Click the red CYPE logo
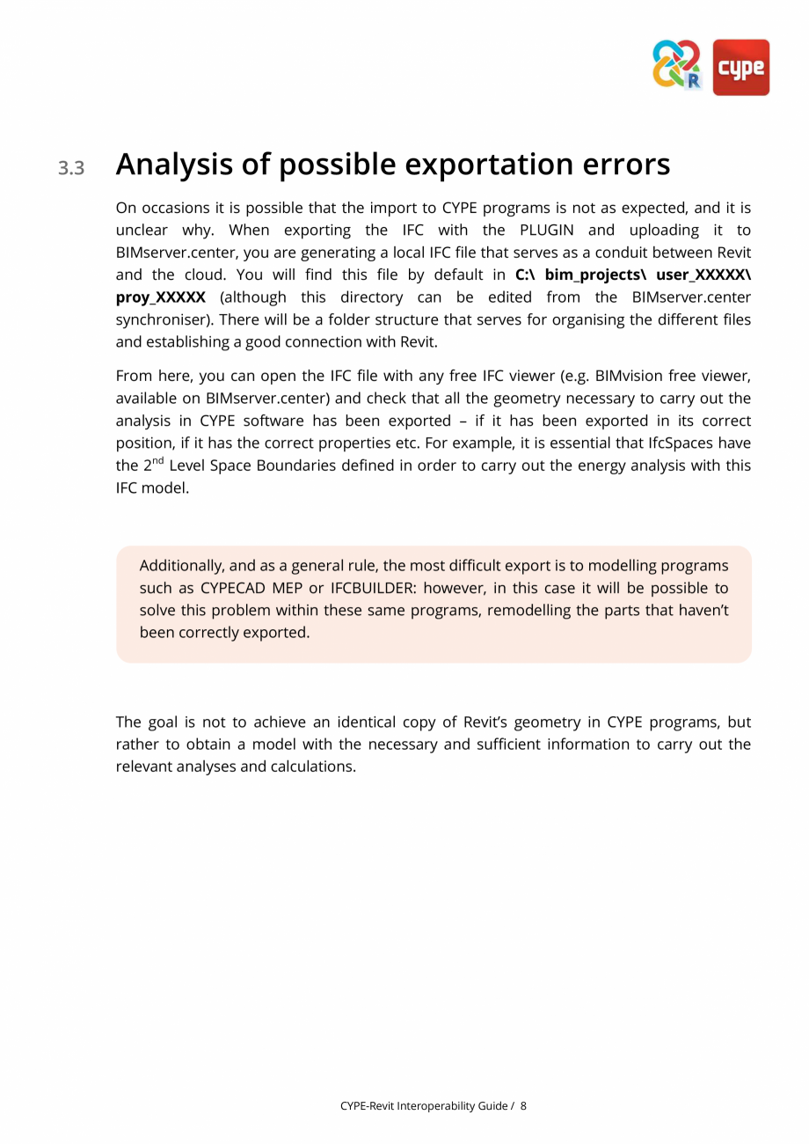[740, 67]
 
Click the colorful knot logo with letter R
[677, 64]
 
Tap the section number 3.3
[71, 167]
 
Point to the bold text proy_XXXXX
[160, 297]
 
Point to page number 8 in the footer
[523, 1106]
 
